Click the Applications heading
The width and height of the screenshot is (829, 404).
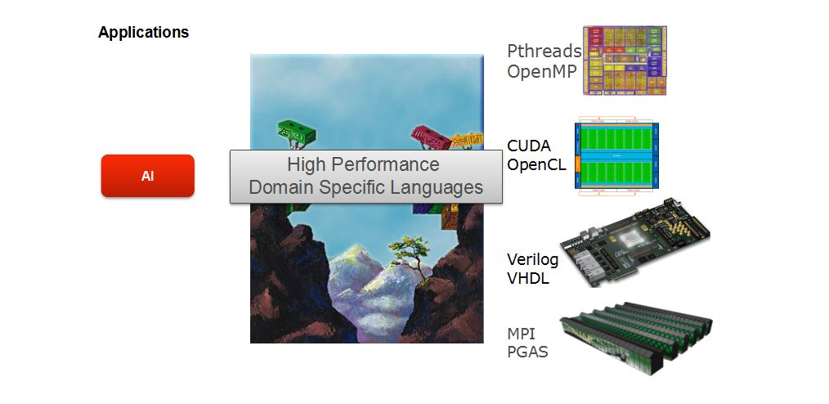tap(143, 33)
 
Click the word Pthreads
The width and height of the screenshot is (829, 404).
tap(544, 52)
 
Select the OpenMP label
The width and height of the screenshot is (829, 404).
tap(542, 71)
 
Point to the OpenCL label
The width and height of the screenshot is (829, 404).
tap(536, 164)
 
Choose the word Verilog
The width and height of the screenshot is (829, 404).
tap(532, 260)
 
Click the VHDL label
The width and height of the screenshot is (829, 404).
tap(528, 278)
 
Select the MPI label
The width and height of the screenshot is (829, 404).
tap(522, 334)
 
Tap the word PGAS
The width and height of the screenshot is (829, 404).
tap(527, 352)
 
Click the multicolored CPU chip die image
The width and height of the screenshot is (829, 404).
tap(625, 61)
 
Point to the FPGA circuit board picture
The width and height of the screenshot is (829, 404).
tap(634, 242)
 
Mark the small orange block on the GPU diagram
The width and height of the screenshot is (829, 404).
tap(578, 164)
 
